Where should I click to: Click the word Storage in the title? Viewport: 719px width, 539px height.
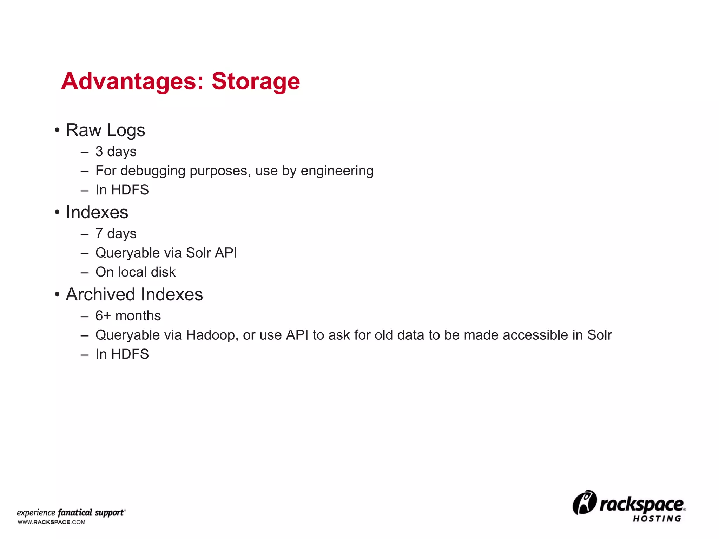click(256, 82)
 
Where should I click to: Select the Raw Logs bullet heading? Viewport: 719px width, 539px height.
click(105, 130)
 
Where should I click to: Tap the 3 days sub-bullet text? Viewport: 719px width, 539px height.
click(116, 152)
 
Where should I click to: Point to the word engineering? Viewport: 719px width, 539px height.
click(337, 171)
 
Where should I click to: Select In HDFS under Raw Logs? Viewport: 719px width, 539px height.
click(122, 190)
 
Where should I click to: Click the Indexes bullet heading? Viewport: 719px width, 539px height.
click(97, 212)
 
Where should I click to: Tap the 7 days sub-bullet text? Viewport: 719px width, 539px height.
click(116, 234)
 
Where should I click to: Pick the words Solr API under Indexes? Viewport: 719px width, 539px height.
click(211, 253)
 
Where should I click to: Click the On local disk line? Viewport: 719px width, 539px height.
click(136, 272)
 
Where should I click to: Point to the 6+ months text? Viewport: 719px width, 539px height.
click(128, 316)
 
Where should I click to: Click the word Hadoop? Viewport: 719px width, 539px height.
click(210, 335)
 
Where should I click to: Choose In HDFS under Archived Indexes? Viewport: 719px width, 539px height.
click(122, 354)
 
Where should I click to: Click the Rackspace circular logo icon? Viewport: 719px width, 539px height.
click(584, 503)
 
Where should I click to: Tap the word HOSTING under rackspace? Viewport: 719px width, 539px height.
click(657, 519)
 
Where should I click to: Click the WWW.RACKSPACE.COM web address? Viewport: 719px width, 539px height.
click(52, 522)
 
